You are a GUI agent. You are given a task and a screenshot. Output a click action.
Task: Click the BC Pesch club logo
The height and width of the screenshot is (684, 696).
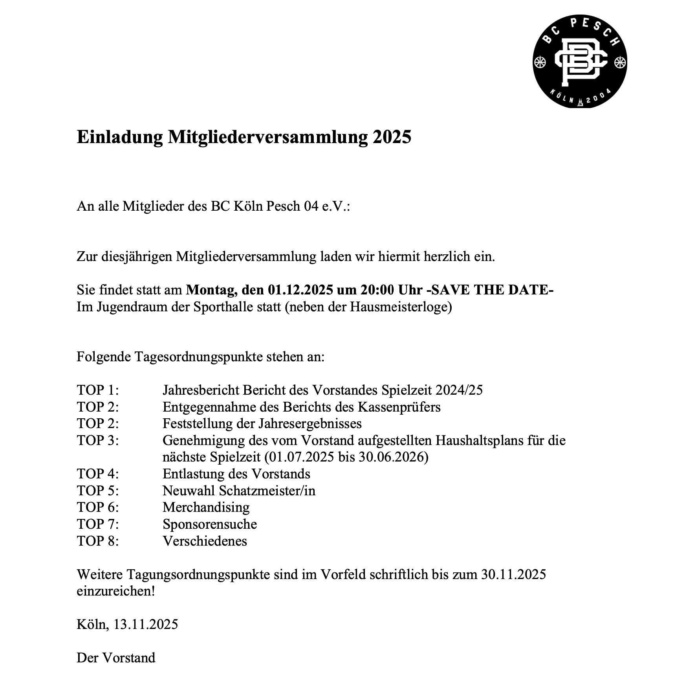pyautogui.click(x=579, y=61)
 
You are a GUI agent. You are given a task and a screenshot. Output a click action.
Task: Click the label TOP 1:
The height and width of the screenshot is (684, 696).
pyautogui.click(x=98, y=390)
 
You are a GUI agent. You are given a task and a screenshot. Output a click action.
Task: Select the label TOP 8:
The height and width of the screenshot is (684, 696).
pyautogui.click(x=98, y=541)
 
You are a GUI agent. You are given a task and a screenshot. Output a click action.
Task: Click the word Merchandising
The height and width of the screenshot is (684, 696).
pyautogui.click(x=206, y=507)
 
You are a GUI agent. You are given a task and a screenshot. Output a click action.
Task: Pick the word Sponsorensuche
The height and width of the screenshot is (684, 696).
pyautogui.click(x=210, y=524)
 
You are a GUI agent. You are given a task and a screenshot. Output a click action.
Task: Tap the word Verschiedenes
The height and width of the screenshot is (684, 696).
pyautogui.click(x=205, y=541)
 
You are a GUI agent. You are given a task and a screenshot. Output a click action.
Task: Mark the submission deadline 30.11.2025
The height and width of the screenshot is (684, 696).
pyautogui.click(x=513, y=574)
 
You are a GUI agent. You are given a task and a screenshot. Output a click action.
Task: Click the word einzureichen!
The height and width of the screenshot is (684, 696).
pyautogui.click(x=116, y=591)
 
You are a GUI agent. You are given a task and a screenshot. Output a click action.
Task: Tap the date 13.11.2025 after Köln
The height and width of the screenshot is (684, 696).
pyautogui.click(x=145, y=624)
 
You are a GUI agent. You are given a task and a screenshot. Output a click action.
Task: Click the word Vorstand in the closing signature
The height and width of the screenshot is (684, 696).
pyautogui.click(x=129, y=658)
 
